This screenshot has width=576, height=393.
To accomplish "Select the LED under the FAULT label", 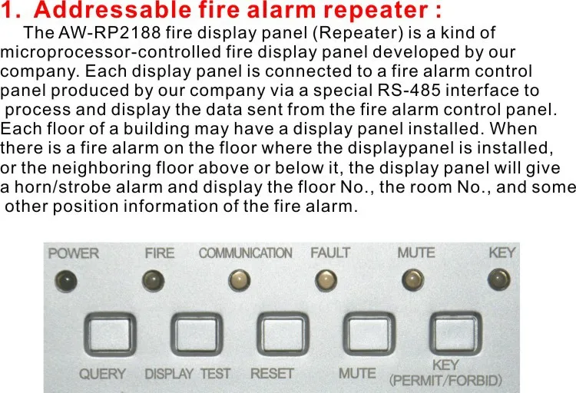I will [x=326, y=280].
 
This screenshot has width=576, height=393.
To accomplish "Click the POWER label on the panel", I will [x=74, y=253].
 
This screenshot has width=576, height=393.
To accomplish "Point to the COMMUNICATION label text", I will [x=245, y=253].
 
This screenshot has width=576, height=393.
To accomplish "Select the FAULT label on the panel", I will [x=330, y=253].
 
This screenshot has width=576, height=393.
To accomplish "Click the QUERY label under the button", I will [x=102, y=374].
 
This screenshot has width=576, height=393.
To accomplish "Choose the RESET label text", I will [x=272, y=374].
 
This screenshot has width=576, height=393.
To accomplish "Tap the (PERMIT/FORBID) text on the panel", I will [x=445, y=380].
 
